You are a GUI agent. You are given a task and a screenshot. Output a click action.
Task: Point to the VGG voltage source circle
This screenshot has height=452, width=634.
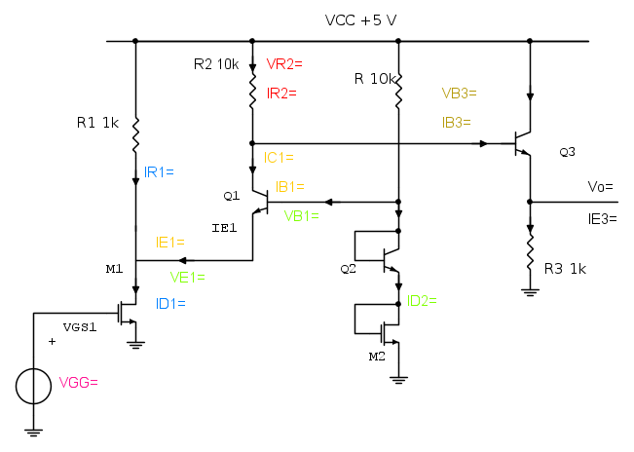[34, 386]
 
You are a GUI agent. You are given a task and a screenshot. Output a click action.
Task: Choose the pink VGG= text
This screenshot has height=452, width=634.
[80, 383]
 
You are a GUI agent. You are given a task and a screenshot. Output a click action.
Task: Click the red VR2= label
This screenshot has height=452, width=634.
[284, 64]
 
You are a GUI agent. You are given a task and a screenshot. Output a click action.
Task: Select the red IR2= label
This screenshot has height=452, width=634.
[280, 94]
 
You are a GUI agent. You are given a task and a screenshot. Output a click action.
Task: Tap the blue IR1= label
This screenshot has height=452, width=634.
[159, 171]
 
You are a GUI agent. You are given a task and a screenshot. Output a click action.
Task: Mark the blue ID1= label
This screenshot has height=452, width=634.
[170, 303]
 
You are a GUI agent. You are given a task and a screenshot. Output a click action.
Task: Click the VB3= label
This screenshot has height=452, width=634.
[459, 94]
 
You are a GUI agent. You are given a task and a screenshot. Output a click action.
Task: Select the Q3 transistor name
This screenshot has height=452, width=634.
[567, 152]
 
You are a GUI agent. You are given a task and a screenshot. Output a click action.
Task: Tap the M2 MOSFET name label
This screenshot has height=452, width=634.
[377, 358]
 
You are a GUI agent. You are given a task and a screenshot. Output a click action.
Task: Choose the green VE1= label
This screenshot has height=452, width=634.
[188, 276]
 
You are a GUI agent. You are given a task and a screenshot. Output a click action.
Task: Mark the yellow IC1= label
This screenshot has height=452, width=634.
[279, 157]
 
